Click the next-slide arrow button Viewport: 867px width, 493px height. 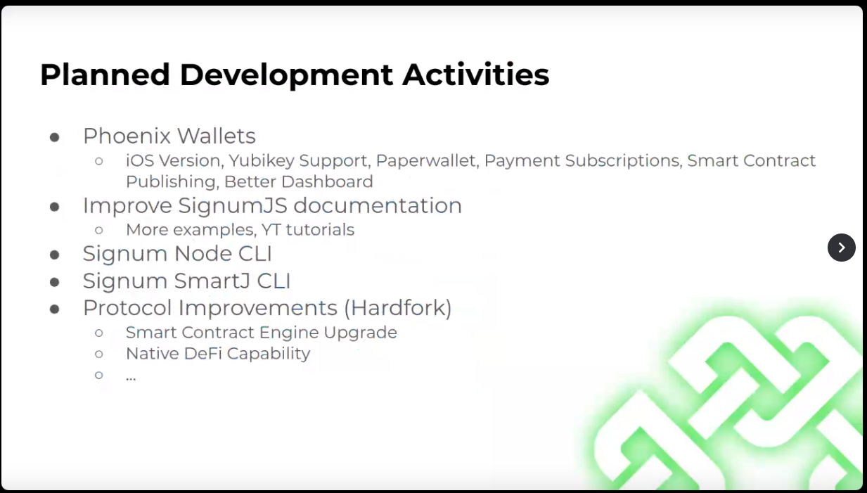click(x=842, y=248)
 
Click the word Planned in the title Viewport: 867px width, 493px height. click(x=105, y=75)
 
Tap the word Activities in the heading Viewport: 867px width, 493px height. click(x=475, y=74)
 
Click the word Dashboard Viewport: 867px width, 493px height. click(x=327, y=181)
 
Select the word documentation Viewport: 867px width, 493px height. click(x=378, y=205)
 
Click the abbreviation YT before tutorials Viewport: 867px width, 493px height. click(x=271, y=230)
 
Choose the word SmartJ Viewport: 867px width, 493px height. click(x=212, y=281)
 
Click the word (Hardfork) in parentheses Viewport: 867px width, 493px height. click(x=398, y=308)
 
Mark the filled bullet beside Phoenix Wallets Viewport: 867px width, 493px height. click(x=55, y=137)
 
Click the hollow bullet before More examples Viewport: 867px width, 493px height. click(x=99, y=231)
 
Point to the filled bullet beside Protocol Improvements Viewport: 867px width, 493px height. click(x=55, y=309)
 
